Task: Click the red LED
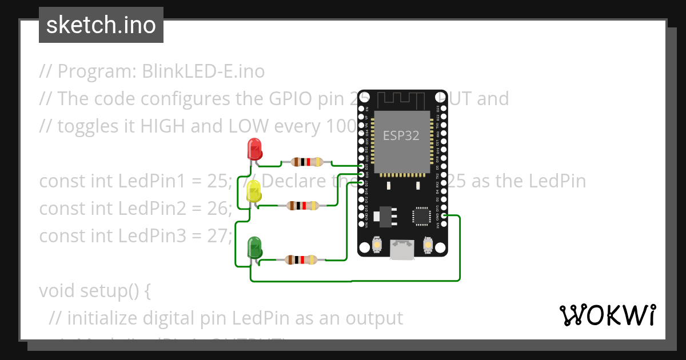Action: [254, 149]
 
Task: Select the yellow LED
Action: [253, 191]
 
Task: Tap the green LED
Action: [254, 247]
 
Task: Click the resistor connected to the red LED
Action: [307, 162]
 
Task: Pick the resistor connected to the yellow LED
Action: [302, 205]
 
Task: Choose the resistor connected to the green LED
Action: [301, 260]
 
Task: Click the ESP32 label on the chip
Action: [401, 136]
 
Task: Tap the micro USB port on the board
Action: [402, 250]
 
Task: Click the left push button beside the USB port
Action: [377, 245]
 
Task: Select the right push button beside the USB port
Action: [427, 245]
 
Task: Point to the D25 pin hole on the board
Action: [361, 166]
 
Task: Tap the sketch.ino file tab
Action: [101, 25]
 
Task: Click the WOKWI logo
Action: [607, 315]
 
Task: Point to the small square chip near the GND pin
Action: [420, 216]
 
